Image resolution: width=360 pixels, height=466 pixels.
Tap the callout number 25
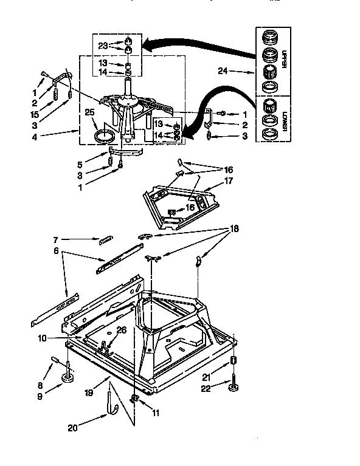coord(89,113)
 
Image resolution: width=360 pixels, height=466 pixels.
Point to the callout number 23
coord(102,45)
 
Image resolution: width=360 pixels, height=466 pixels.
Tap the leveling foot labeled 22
coord(233,386)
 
